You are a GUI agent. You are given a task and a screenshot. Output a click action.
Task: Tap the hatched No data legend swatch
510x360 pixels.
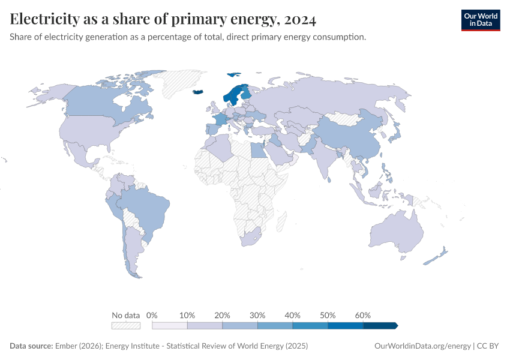pyautogui.click(x=125, y=325)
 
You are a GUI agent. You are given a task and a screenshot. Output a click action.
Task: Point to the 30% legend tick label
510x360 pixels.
pyautogui.click(x=257, y=315)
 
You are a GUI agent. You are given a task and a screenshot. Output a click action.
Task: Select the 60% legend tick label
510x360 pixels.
pyautogui.click(x=363, y=315)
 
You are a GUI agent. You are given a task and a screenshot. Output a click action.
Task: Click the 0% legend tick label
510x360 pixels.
pyautogui.click(x=152, y=315)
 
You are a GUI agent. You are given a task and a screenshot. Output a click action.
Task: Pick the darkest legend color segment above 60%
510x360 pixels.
pyautogui.click(x=380, y=325)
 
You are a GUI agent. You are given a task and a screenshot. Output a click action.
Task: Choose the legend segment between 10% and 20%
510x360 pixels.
pyautogui.click(x=205, y=325)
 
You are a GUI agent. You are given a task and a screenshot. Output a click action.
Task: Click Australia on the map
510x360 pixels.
pyautogui.click(x=396, y=231)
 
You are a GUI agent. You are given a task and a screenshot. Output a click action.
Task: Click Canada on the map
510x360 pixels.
pyautogui.click(x=102, y=99)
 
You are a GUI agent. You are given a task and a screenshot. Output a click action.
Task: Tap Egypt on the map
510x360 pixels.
pyautogui.click(x=259, y=149)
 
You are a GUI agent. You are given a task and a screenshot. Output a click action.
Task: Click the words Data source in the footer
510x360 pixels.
pyautogui.click(x=31, y=346)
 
